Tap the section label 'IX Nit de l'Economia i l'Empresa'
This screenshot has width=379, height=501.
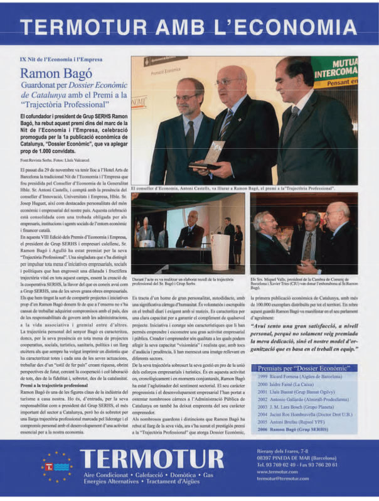[60, 57]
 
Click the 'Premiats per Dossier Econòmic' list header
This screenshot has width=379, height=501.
[308, 368]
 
